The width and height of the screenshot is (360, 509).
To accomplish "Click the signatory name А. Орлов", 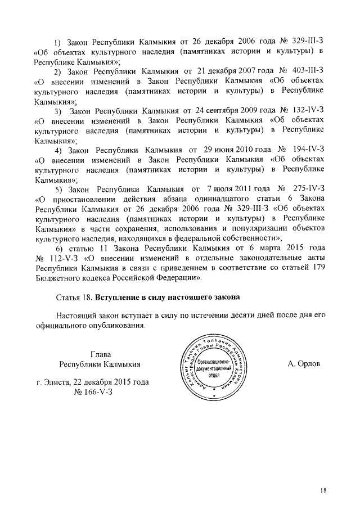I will click(x=304, y=364).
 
